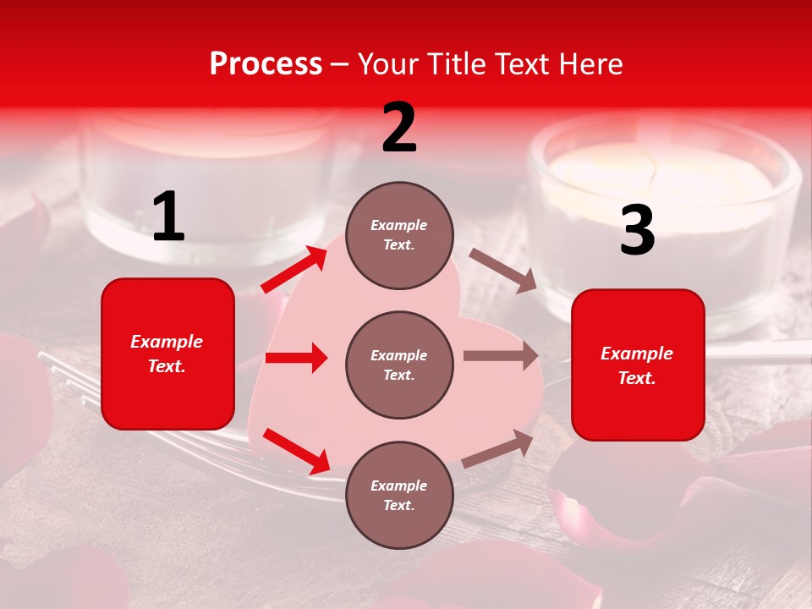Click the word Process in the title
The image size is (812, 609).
click(x=266, y=64)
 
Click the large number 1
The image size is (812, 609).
click(x=168, y=217)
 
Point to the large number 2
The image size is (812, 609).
click(x=399, y=128)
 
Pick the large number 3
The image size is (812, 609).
click(x=637, y=231)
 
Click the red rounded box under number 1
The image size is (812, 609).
click(x=167, y=354)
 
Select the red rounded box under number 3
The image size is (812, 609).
click(x=638, y=365)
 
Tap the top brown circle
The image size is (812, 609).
click(x=399, y=235)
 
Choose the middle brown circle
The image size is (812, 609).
click(x=399, y=365)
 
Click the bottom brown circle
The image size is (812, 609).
click(x=399, y=495)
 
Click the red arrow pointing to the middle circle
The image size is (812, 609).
click(x=296, y=358)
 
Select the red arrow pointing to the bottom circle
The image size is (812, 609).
click(x=296, y=451)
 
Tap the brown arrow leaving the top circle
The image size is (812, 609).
click(x=502, y=271)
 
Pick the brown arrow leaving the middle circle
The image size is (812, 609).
click(x=501, y=356)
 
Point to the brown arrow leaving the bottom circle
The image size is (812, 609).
click(x=497, y=448)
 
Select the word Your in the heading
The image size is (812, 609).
click(x=388, y=64)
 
